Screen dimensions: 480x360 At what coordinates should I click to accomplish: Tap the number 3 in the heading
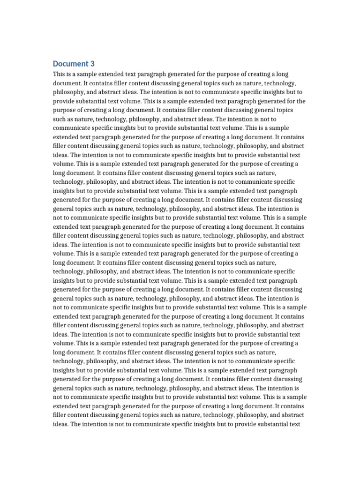[92, 64]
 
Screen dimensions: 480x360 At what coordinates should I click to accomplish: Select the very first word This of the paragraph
[59, 75]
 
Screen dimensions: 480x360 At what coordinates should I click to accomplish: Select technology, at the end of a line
[289, 83]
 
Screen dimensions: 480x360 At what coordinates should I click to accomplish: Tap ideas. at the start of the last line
[61, 424]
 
